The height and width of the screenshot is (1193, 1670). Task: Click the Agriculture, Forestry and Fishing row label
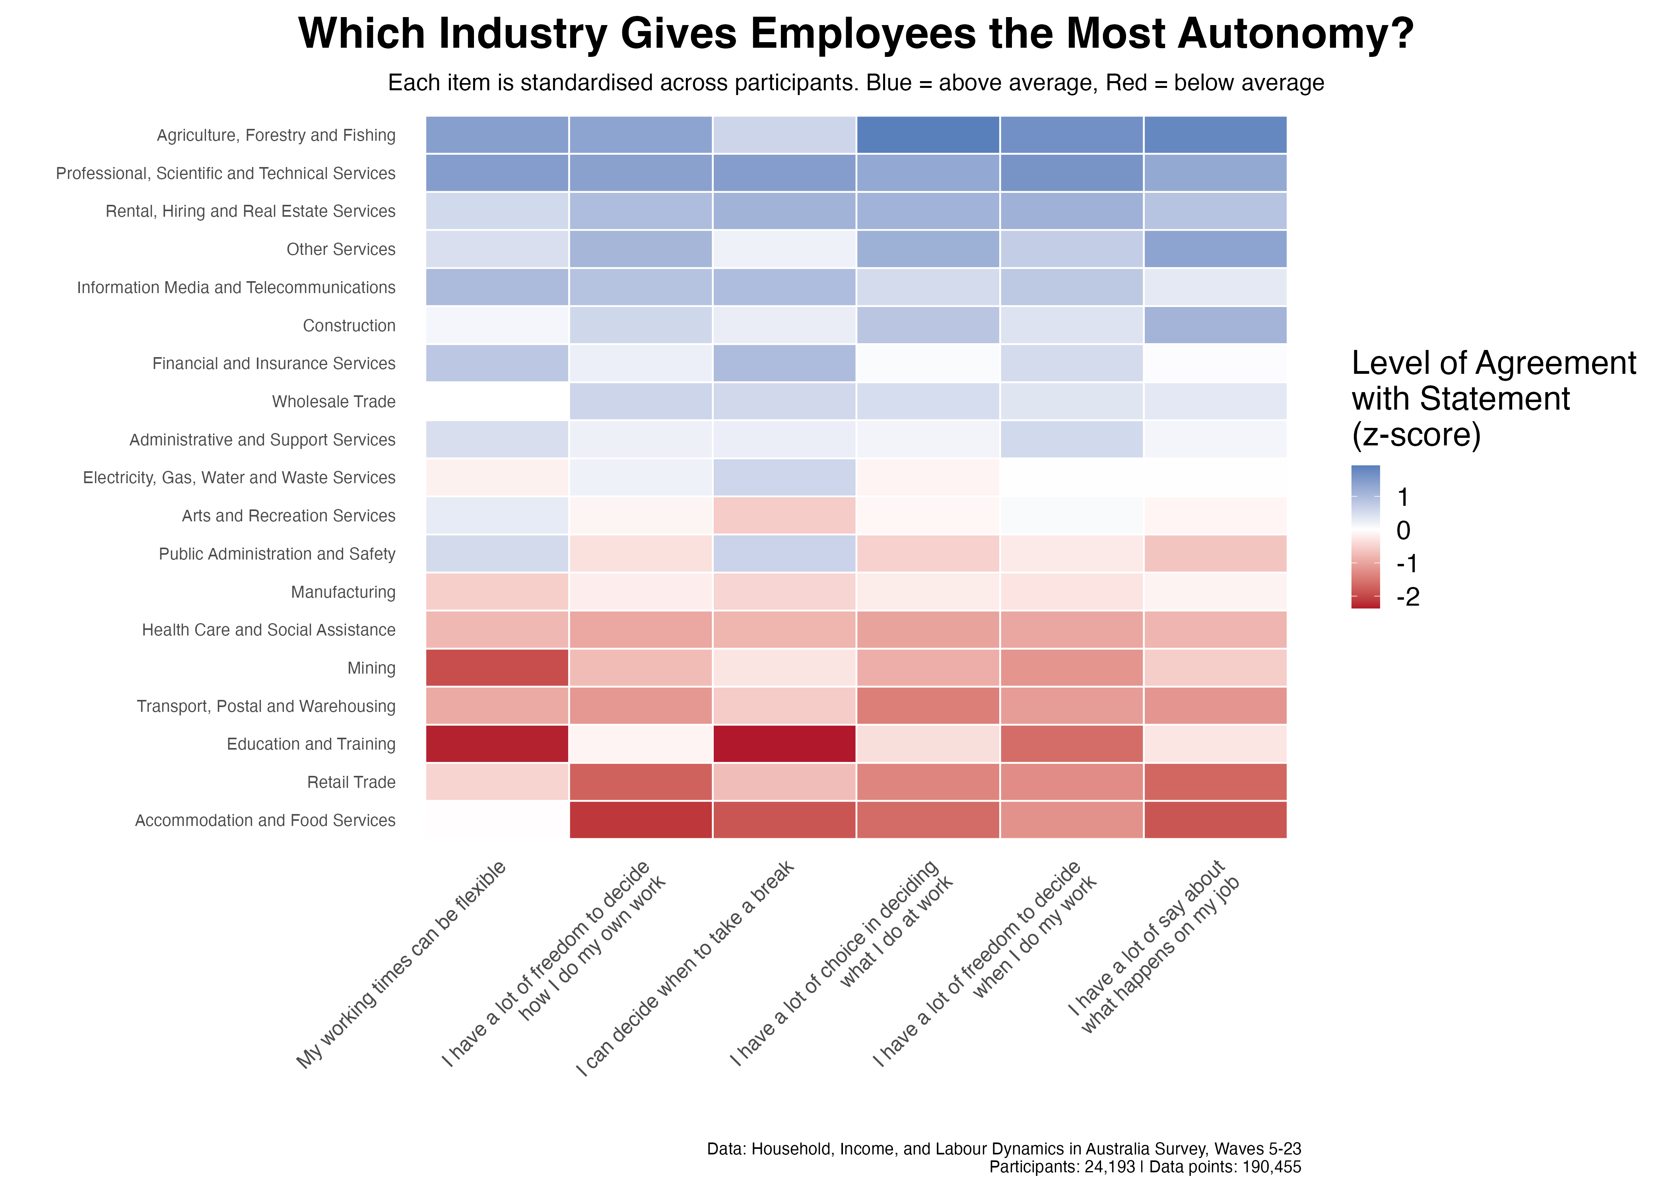276,135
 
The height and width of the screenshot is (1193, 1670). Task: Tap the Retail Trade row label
351,782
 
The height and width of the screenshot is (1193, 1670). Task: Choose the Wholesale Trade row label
334,402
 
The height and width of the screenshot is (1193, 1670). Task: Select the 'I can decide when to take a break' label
685,968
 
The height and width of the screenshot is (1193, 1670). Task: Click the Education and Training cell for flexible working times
497,744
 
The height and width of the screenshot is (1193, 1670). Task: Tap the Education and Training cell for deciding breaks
785,744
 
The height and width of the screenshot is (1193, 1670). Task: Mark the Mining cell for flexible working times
497,668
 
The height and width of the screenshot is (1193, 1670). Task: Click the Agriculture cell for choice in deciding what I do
928,135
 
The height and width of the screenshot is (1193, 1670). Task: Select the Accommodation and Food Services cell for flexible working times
497,820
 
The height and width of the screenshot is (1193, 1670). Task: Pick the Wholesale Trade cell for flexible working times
497,402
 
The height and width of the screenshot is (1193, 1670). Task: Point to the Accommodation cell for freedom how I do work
641,820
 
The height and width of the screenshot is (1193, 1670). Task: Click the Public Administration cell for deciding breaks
785,554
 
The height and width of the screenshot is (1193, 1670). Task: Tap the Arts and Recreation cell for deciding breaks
785,516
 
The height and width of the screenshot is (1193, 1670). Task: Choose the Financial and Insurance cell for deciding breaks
785,363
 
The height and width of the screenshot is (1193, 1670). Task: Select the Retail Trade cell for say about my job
1216,782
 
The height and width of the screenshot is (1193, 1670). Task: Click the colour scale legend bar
1365,537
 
